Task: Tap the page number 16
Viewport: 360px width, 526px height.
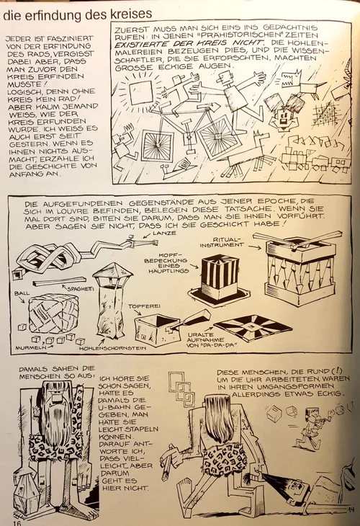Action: tap(17, 522)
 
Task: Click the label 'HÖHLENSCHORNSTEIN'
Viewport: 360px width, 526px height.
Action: tap(112, 348)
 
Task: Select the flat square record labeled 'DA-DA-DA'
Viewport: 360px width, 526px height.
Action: tap(253, 328)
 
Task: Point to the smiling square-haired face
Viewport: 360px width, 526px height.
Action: tap(284, 117)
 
